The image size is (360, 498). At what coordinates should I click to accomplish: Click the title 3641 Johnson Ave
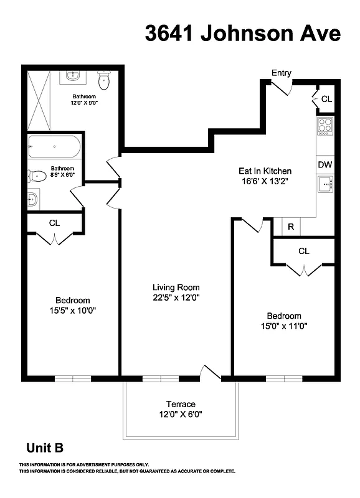coord(243,34)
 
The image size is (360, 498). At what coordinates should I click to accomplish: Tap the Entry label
coord(281,73)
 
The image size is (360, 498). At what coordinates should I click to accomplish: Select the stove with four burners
coord(325,126)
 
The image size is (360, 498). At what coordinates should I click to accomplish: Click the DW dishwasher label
coord(324,165)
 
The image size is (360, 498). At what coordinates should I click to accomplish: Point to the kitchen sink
coord(325,185)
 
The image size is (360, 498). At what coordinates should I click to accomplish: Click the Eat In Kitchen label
coord(265,171)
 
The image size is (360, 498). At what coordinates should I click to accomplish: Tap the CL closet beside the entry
coord(326,99)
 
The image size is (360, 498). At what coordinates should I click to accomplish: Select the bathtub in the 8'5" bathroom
coord(54,148)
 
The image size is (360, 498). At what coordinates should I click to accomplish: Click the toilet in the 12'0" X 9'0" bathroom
coord(104,80)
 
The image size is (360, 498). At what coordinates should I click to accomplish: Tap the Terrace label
coord(181,403)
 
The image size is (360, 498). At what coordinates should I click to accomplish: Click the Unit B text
coord(44,448)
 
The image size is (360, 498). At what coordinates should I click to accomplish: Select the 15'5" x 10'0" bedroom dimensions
coord(72,310)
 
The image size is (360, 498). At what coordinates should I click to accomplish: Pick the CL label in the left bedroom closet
coord(54,223)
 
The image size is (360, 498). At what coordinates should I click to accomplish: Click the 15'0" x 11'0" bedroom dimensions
coord(284,326)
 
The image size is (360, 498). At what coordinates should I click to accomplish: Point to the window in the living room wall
coord(160,378)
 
